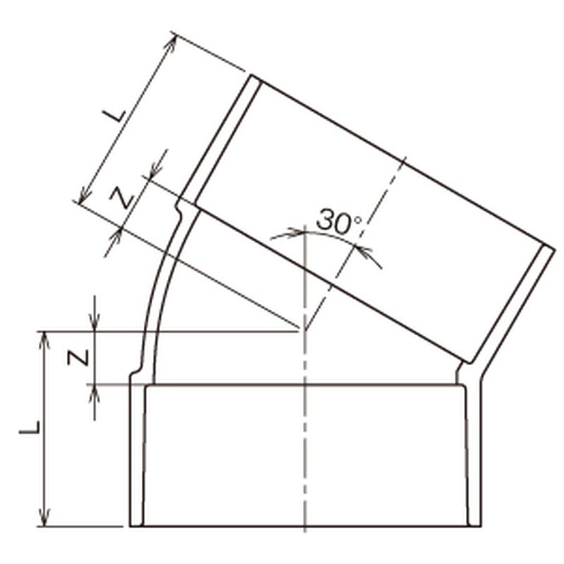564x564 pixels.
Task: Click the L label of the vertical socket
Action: (29, 427)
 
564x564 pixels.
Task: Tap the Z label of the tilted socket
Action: (122, 197)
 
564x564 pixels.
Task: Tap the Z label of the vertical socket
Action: (78, 358)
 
